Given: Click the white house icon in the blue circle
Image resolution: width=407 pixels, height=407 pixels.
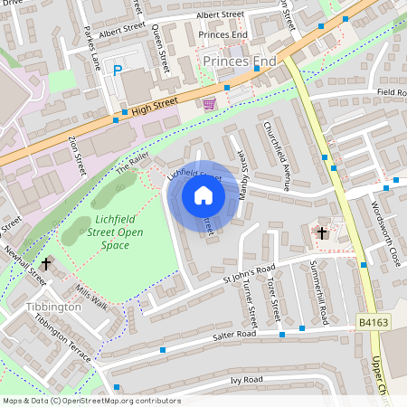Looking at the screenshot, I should [203, 195].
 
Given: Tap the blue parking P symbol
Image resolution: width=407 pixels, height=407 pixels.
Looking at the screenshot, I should [117, 70].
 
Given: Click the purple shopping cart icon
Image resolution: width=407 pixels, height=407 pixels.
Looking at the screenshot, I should [210, 103].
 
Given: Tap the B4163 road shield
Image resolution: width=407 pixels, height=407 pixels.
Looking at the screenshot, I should [373, 322].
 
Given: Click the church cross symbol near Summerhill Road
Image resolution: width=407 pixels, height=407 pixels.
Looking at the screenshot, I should [321, 233].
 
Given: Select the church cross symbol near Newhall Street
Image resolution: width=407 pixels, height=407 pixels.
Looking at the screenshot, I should [47, 263].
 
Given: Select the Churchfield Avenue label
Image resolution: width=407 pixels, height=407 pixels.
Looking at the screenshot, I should [275, 156].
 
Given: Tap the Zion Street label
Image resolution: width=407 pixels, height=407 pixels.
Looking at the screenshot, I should [76, 156].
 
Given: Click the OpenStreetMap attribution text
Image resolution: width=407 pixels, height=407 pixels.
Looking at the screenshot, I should [91, 400].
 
